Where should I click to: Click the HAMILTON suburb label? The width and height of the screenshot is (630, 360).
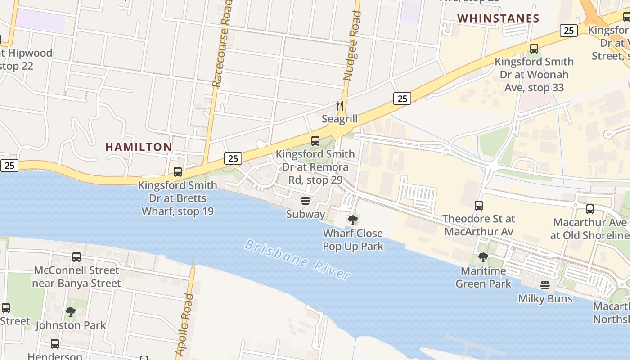coord(139,147)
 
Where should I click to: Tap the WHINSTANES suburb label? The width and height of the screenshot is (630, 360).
coord(498,18)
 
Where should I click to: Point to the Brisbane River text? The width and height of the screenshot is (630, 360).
coord(297,260)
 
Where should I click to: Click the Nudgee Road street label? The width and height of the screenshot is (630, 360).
coord(353,45)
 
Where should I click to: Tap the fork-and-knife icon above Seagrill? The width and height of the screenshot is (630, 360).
coord(340,106)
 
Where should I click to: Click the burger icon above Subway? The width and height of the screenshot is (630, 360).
coord(306,201)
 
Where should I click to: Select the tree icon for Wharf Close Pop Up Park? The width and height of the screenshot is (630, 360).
coord(353,220)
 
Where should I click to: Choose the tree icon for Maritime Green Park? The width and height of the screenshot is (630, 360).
coord(483,257)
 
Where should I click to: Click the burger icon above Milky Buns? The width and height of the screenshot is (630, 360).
coord(545,285)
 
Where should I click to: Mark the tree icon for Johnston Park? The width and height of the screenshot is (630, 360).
coord(71,312)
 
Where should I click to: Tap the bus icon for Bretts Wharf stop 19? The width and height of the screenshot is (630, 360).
coord(178,172)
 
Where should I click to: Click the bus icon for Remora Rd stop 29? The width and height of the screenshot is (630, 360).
coord(315,141)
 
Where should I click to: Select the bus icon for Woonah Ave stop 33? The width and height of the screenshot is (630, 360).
coord(534,49)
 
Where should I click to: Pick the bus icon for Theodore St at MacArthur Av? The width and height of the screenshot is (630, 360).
coord(479,206)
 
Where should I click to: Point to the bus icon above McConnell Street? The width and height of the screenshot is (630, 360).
coord(76,257)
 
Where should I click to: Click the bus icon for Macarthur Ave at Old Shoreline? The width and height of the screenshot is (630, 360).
coord(589,209)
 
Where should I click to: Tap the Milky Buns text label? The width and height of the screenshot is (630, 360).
coord(545,299)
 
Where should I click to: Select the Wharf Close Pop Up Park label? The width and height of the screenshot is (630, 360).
coord(353,240)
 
